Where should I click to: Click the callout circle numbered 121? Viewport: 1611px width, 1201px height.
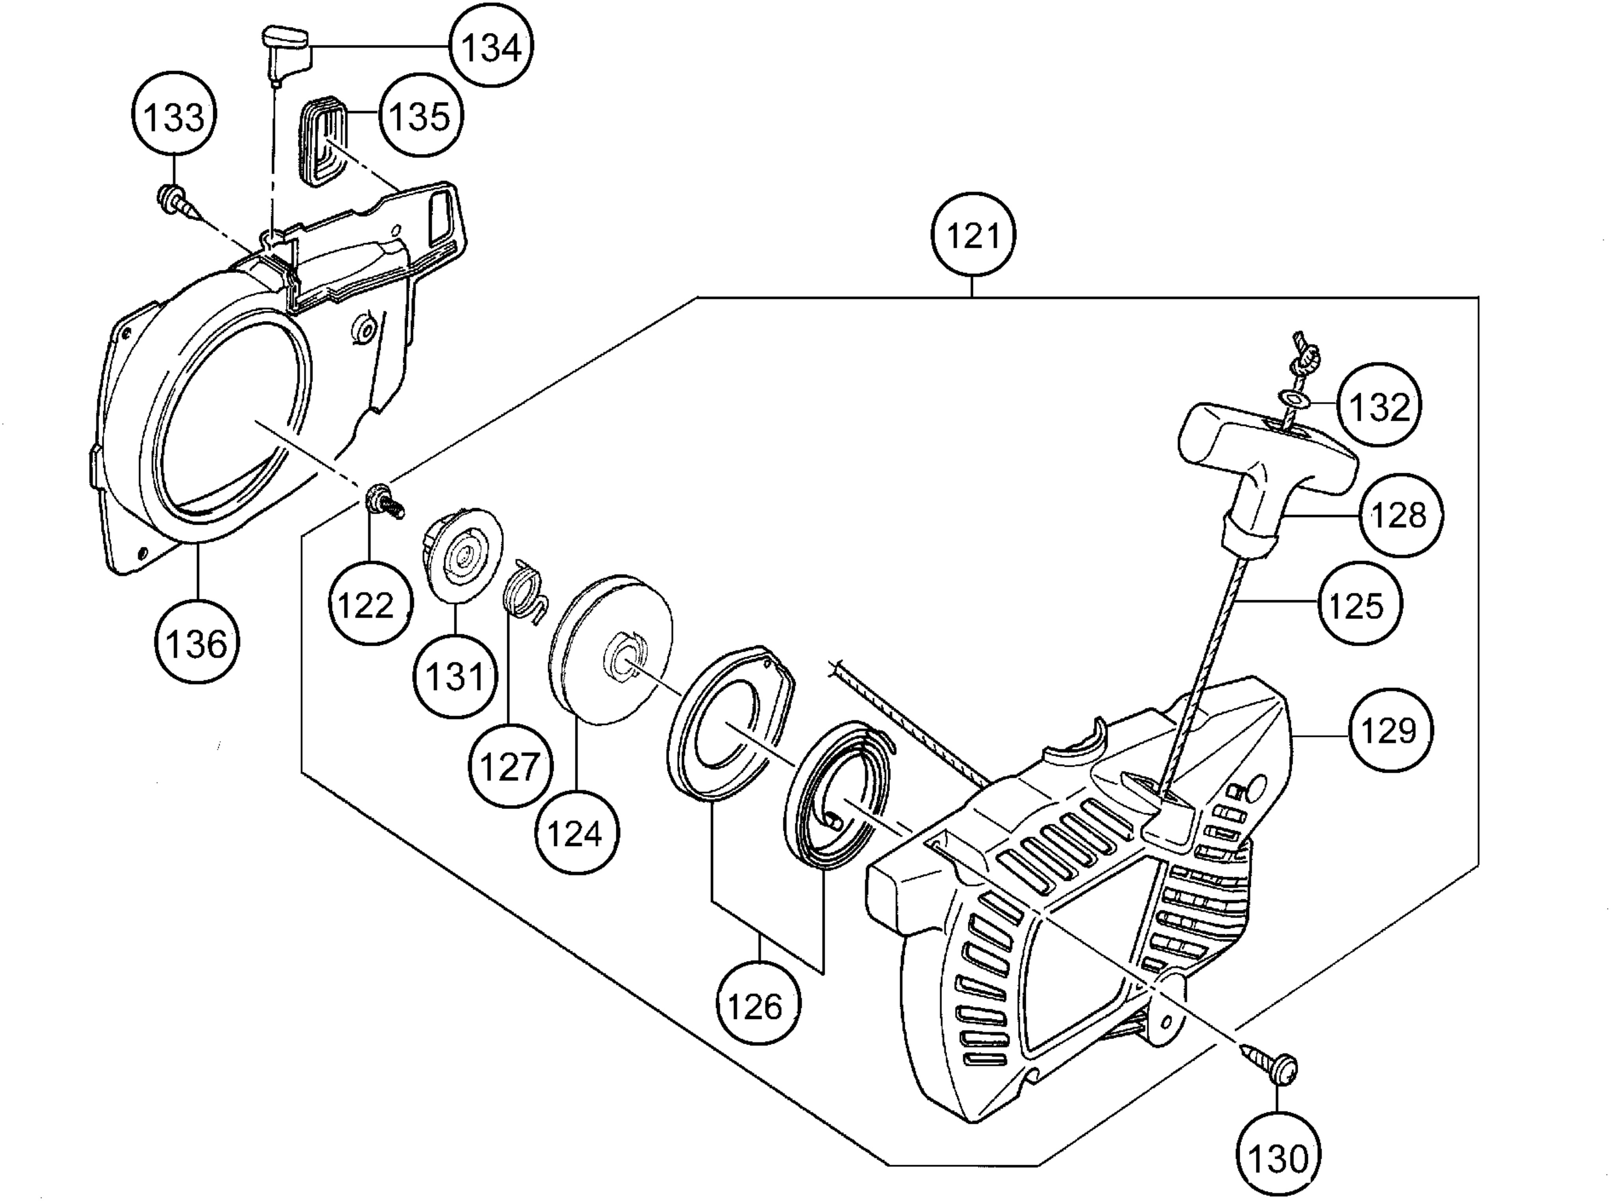click(x=973, y=235)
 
